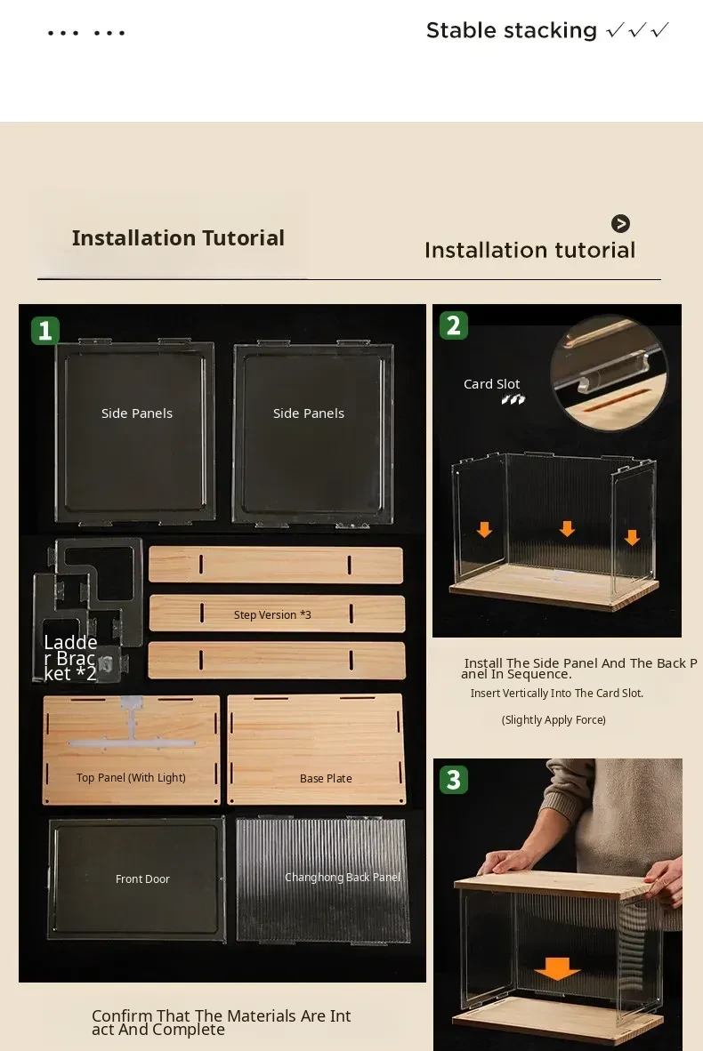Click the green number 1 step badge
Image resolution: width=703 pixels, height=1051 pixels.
tap(45, 331)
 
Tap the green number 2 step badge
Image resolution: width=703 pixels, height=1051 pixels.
tap(454, 325)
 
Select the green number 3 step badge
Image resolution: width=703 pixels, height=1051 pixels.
tap(454, 780)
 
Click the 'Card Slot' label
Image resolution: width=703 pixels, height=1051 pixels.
tap(492, 384)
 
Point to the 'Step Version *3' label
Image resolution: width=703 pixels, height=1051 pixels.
tap(272, 614)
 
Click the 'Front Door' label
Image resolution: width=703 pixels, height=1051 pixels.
tap(142, 879)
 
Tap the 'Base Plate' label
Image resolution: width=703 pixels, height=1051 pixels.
tap(326, 778)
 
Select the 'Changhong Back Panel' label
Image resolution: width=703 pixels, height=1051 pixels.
tap(342, 877)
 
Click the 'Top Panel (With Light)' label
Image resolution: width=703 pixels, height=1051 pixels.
tap(131, 777)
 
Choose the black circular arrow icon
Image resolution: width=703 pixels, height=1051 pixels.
tap(620, 223)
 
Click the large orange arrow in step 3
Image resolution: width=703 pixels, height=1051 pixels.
tap(557, 968)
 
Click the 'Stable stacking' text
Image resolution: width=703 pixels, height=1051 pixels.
tap(511, 30)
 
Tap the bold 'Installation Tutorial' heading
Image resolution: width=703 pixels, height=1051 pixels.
tap(178, 238)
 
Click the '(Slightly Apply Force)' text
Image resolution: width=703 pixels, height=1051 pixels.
tap(554, 720)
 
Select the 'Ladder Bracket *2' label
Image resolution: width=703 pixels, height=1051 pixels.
tap(70, 658)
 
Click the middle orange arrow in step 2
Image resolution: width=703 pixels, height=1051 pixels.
tap(567, 528)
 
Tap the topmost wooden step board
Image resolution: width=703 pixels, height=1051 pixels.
tap(276, 565)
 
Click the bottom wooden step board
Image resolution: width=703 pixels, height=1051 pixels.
tap(277, 661)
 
